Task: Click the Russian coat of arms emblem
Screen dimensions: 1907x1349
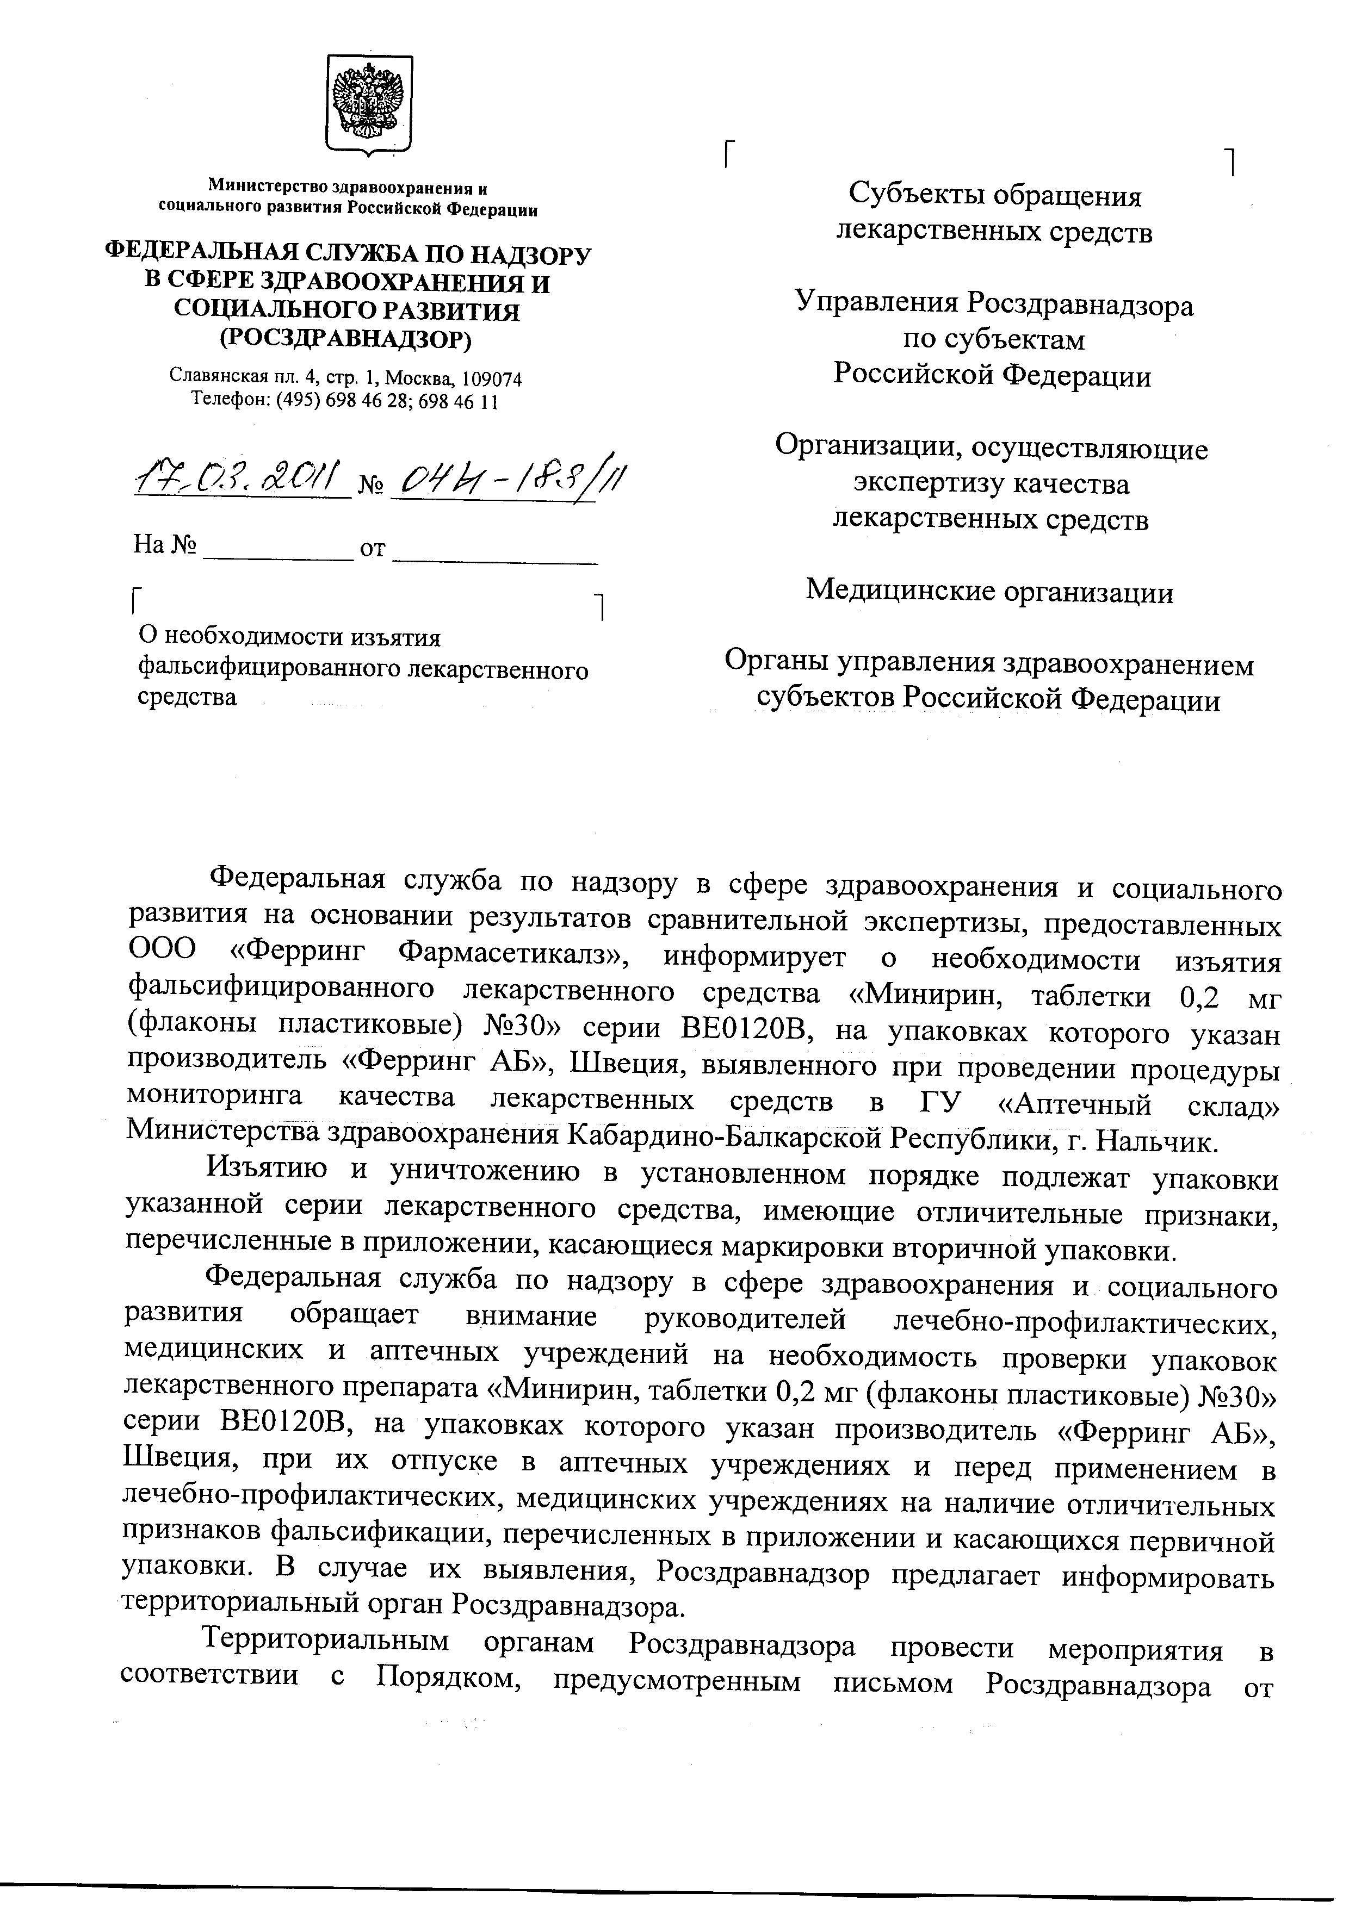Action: [x=369, y=103]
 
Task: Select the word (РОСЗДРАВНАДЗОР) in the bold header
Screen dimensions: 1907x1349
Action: [x=345, y=338]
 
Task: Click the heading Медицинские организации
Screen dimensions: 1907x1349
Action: [x=990, y=592]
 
